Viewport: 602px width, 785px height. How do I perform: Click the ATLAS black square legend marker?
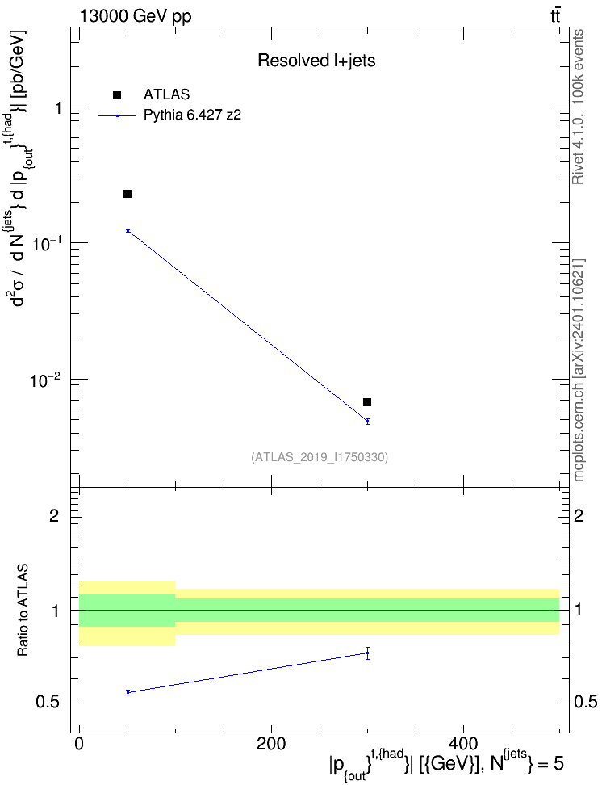[117, 95]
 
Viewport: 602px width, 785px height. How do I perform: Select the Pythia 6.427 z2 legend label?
[192, 115]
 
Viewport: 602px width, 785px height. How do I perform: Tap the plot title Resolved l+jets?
[316, 61]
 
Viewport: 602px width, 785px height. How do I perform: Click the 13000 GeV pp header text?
[135, 17]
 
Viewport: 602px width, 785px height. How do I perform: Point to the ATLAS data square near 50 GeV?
[128, 194]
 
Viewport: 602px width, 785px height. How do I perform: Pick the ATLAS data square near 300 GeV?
[367, 402]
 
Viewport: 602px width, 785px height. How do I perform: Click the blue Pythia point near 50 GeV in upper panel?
[128, 231]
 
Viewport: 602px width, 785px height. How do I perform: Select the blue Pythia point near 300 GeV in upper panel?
[367, 421]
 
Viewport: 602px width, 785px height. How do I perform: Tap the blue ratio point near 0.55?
[128, 692]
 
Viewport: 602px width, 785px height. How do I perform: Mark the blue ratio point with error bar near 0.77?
[367, 653]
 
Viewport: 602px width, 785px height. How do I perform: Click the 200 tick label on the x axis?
[271, 744]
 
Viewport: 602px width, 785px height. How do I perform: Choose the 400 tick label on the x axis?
[463, 744]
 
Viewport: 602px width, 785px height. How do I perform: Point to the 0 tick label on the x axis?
[79, 744]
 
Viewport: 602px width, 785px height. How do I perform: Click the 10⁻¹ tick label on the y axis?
[46, 243]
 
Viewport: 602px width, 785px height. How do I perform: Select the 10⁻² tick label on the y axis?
[46, 380]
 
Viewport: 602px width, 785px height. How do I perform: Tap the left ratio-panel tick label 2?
[54, 515]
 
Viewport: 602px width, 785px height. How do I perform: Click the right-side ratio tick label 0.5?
[585, 702]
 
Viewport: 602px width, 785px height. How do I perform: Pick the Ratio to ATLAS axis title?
[23, 611]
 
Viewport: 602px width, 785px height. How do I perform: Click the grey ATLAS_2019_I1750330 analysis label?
[320, 456]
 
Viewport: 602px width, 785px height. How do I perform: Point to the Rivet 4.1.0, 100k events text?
[578, 107]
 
